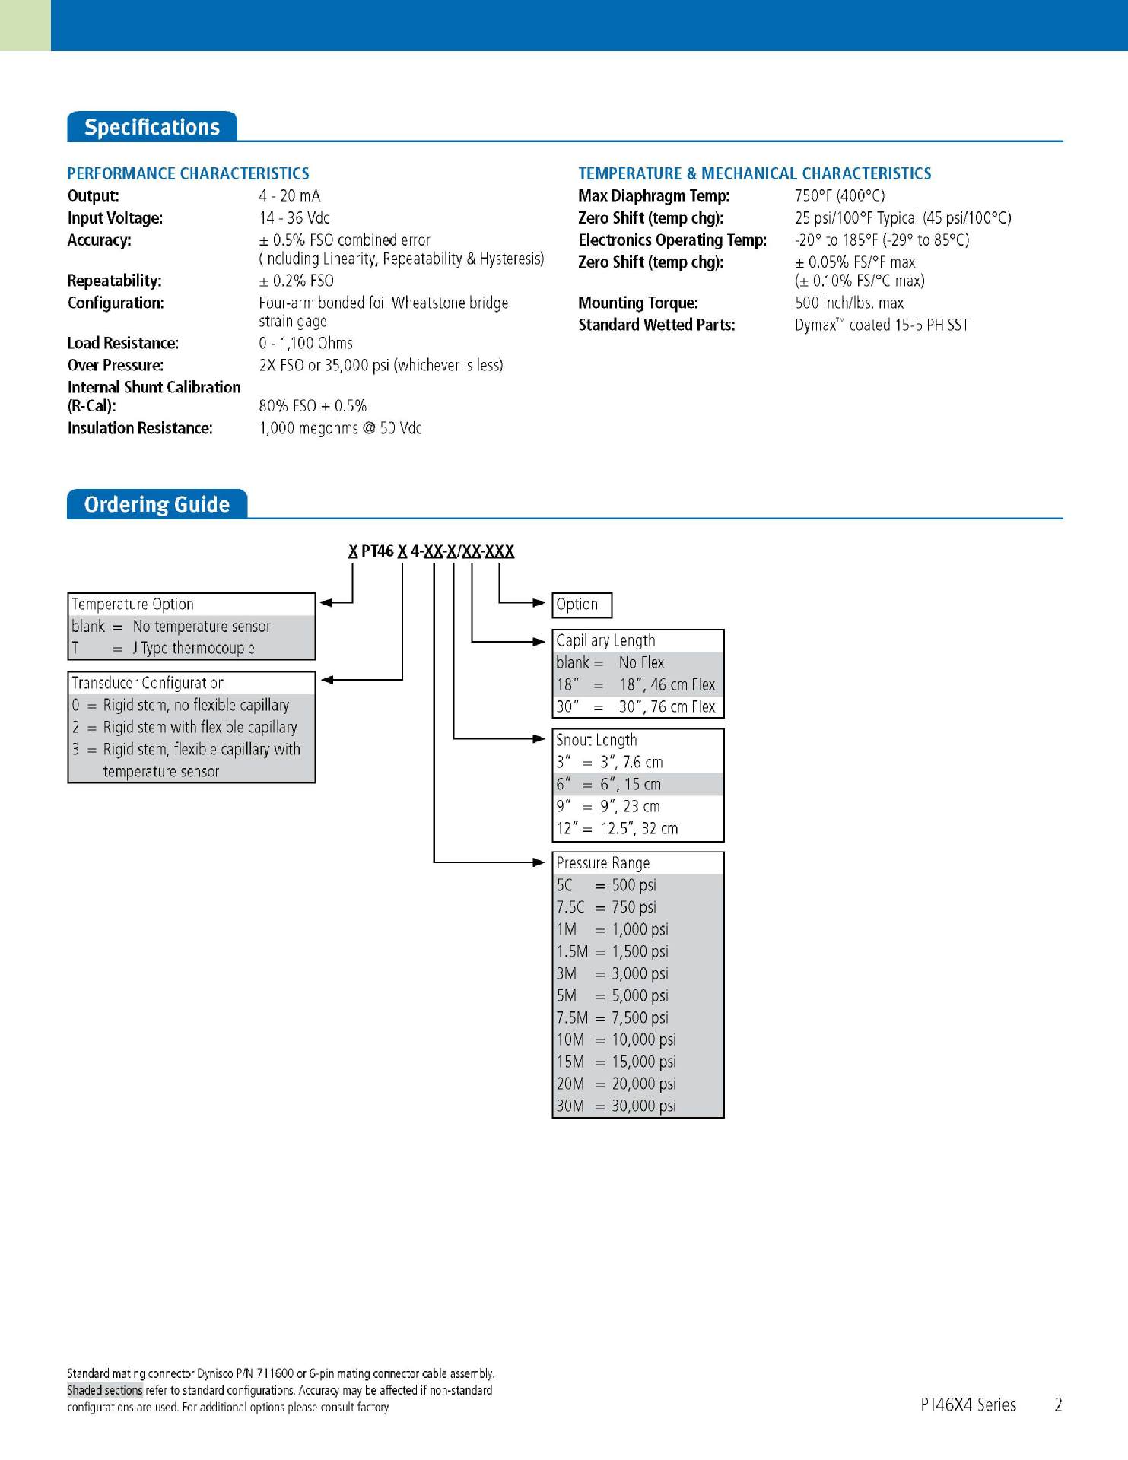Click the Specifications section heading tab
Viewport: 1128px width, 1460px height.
tap(151, 127)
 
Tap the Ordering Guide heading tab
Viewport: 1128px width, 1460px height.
tap(157, 504)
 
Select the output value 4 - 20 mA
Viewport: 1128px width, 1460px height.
tap(289, 196)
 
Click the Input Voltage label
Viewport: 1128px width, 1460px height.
tap(115, 218)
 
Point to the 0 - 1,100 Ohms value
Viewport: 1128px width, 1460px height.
tap(306, 343)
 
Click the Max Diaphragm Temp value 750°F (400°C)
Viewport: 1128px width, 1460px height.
tap(840, 196)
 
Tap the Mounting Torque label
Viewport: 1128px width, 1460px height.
tap(638, 303)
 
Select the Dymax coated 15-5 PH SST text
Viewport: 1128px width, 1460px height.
tap(882, 325)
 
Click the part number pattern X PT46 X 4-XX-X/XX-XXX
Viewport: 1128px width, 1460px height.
tap(431, 551)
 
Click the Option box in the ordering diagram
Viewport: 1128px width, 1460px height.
tap(581, 605)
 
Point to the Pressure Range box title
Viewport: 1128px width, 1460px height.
tap(603, 863)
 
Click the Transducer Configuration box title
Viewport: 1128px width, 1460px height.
tap(148, 683)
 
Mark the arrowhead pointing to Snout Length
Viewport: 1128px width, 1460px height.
tap(539, 738)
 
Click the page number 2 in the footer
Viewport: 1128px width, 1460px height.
tap(1057, 1404)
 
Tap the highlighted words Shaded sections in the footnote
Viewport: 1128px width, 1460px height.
tap(104, 1390)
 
